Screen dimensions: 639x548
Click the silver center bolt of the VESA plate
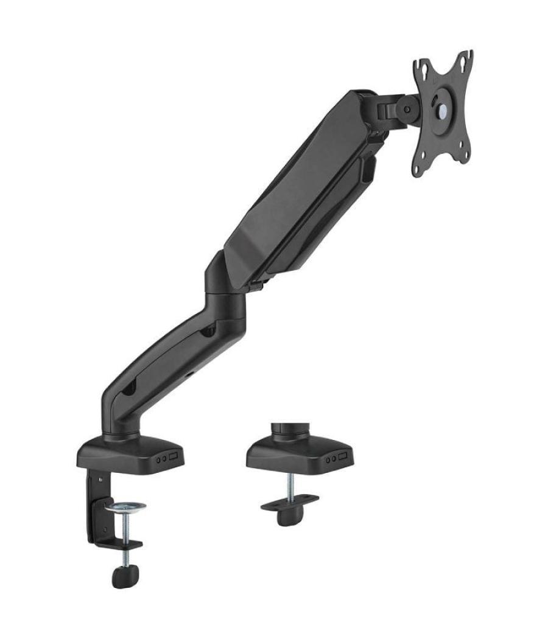pyautogui.click(x=442, y=104)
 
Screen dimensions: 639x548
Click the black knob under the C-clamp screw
pyautogui.click(x=125, y=574)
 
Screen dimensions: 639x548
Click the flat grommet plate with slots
pyautogui.click(x=290, y=501)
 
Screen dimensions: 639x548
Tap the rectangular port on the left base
pyautogui.click(x=174, y=456)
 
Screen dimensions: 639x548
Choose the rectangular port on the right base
pyautogui.click(x=344, y=456)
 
